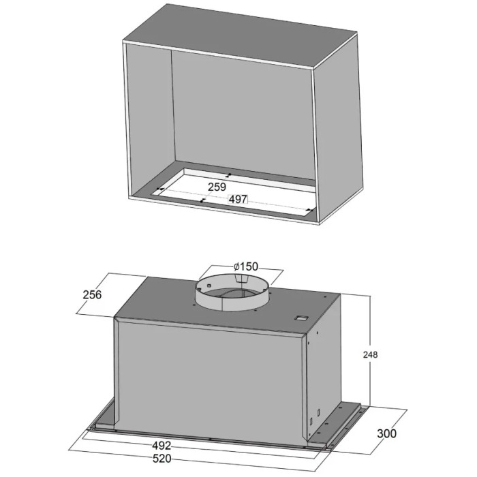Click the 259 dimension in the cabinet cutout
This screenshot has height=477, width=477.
coord(217,187)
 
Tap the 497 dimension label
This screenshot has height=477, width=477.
coord(238,199)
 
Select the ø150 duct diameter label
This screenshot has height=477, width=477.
coord(246,266)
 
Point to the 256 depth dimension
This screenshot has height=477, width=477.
coord(92,294)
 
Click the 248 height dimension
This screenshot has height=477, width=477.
coord(370,355)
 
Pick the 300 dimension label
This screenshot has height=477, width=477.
coord(386,433)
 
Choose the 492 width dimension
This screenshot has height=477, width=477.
coord(161,446)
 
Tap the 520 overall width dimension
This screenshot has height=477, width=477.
coord(161,459)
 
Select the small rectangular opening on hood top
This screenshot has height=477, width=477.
coord(301,318)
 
